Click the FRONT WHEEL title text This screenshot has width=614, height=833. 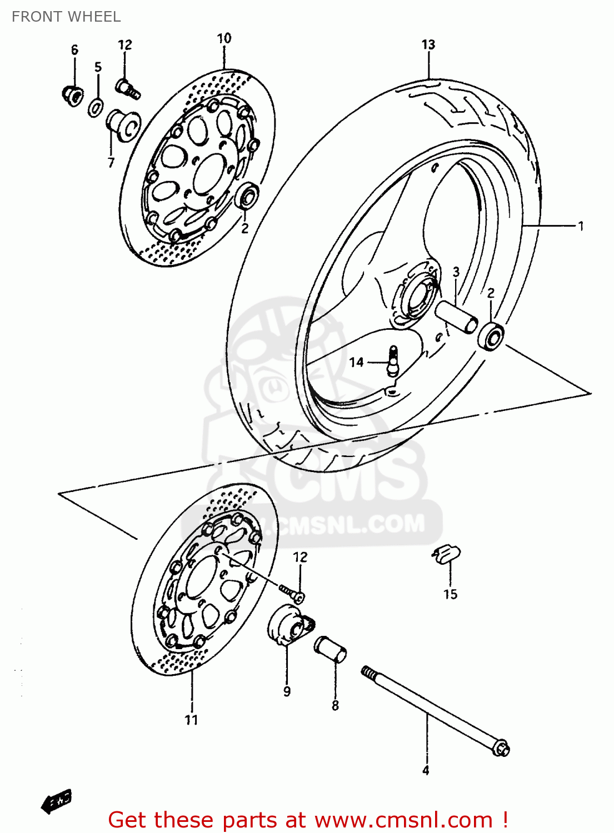click(x=66, y=17)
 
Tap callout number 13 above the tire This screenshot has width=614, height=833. click(x=428, y=44)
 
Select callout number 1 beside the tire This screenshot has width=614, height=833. click(x=581, y=226)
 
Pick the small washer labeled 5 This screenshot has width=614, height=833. click(x=96, y=107)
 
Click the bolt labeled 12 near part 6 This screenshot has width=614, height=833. click(x=128, y=88)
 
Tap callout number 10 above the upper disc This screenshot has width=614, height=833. click(x=224, y=38)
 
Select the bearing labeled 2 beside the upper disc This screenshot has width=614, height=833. click(x=247, y=195)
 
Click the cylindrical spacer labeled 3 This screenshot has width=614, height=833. click(x=457, y=317)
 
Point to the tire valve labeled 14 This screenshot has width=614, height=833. click(x=394, y=362)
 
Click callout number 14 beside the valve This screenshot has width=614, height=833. click(x=356, y=362)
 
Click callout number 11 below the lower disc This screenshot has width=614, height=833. click(x=191, y=720)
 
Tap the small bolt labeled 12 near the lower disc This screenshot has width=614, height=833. click(x=291, y=593)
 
